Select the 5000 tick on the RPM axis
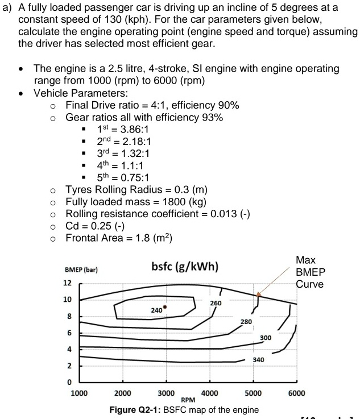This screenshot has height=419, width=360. coord(253,393)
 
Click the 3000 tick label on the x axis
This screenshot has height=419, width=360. coord(165,393)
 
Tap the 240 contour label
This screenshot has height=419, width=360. coord(156,311)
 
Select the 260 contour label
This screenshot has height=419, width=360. coord(216,303)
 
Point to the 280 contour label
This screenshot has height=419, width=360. coord(246,322)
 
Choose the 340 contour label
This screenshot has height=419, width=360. coord(258,359)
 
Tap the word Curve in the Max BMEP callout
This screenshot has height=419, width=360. coord(309,284)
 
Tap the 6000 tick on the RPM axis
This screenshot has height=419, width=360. coord(296,393)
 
